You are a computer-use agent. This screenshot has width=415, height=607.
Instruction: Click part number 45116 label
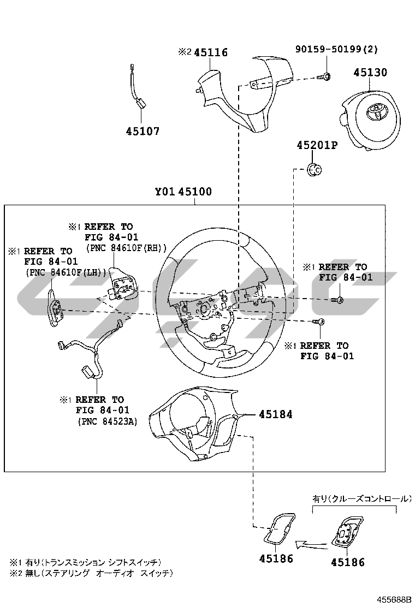coord(210,52)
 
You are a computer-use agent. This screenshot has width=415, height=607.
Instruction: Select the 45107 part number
coord(143,131)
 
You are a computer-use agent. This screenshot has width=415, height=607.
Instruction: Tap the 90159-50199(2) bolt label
coord(344,49)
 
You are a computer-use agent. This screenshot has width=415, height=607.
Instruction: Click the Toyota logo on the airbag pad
coord(376,112)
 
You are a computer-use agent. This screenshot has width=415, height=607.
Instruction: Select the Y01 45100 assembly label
coord(183,192)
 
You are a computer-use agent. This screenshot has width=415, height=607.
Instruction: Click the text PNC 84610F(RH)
coord(126,247)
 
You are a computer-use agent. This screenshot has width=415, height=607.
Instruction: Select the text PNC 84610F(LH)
coord(66,272)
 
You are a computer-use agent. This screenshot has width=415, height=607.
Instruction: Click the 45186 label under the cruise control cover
coord(347,562)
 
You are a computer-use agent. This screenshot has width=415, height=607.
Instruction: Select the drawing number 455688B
coord(392,599)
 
